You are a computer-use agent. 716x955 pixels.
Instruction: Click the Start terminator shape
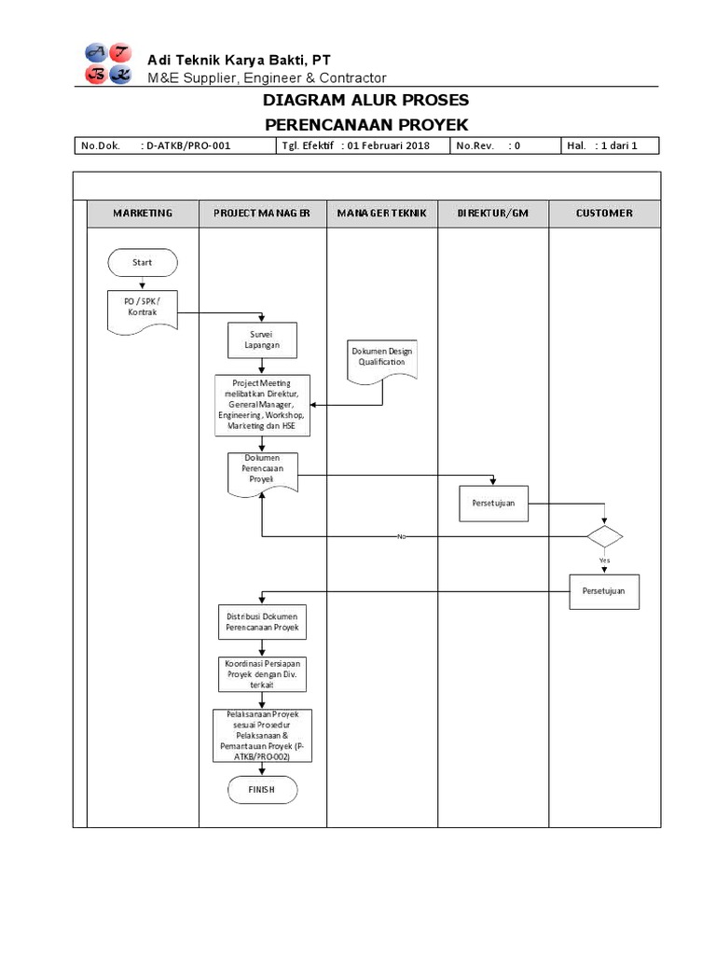click(142, 263)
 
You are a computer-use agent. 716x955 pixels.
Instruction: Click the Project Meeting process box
click(262, 405)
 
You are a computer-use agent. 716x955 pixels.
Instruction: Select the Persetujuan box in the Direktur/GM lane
click(493, 505)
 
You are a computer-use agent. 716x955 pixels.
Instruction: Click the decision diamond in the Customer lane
click(604, 537)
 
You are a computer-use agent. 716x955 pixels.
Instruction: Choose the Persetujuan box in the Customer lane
click(604, 591)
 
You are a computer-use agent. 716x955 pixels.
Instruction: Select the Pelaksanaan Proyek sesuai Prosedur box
click(262, 736)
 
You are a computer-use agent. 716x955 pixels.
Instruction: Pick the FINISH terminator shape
click(262, 791)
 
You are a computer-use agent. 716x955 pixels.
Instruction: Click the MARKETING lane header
click(143, 214)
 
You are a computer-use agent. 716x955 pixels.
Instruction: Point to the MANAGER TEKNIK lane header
click(381, 214)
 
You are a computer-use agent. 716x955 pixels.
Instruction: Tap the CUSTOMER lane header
click(604, 214)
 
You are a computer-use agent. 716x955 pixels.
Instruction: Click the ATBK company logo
click(108, 64)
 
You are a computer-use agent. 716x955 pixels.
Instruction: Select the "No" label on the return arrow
click(402, 537)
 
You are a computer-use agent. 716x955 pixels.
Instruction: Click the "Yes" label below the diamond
click(604, 560)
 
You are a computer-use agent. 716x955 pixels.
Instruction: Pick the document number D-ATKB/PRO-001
click(188, 145)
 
